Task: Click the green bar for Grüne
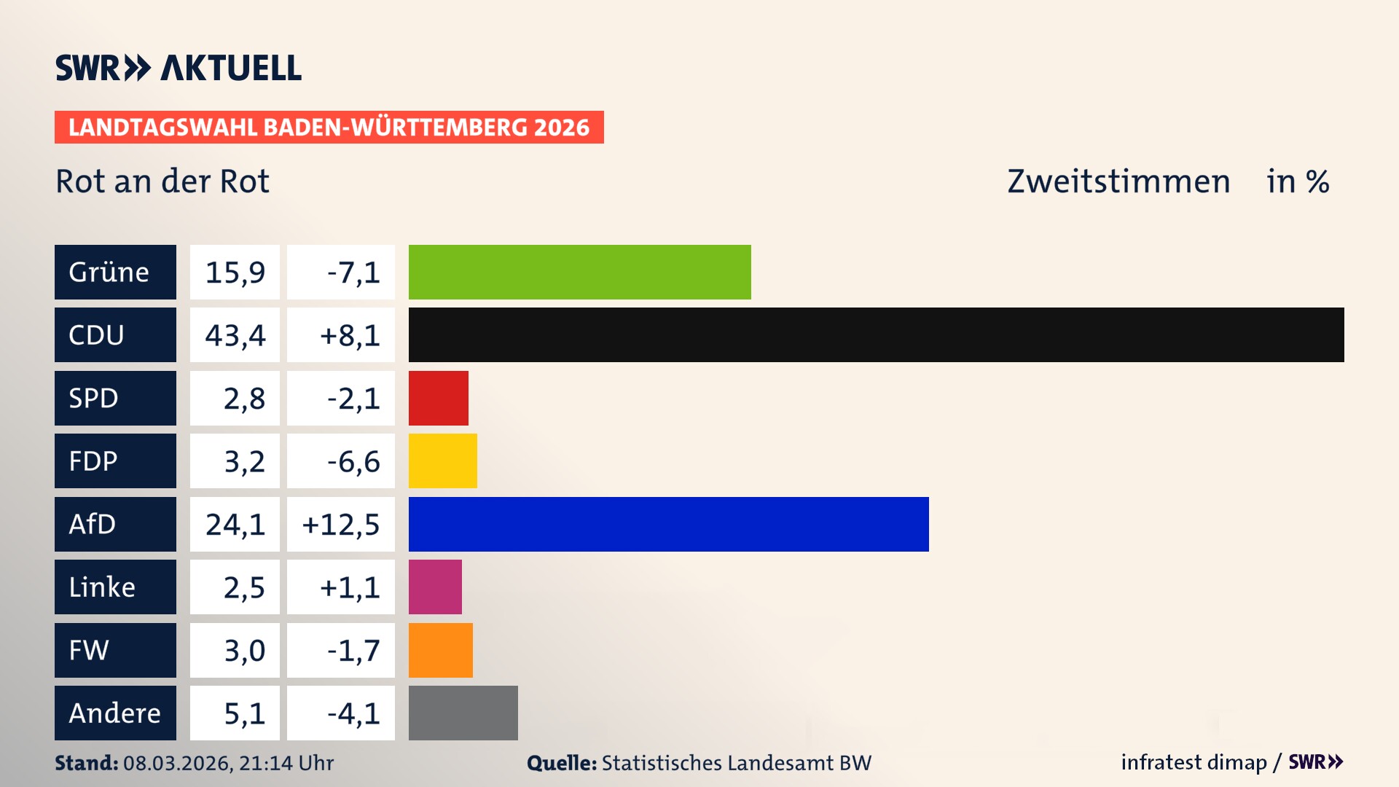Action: (x=579, y=272)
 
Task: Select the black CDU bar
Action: (x=876, y=334)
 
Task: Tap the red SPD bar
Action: (x=438, y=398)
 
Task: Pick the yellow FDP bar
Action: (x=442, y=461)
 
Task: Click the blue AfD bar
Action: (x=668, y=524)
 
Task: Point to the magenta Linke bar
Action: (x=435, y=587)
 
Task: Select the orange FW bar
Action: (x=440, y=650)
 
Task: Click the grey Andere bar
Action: (x=463, y=713)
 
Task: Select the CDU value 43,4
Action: (x=235, y=335)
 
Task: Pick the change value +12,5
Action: (x=341, y=525)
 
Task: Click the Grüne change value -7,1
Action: (x=353, y=273)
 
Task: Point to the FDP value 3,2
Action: (x=243, y=461)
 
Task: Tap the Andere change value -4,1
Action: (x=353, y=713)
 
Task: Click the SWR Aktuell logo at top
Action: (x=178, y=68)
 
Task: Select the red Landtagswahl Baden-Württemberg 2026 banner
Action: (x=329, y=128)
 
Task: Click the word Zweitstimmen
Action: (x=1118, y=181)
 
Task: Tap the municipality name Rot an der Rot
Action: (x=162, y=181)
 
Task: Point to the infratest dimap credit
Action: (x=1193, y=762)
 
